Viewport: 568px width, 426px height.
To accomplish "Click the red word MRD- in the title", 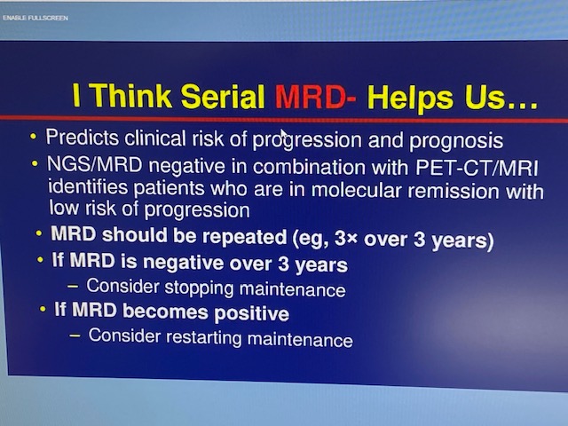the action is [315, 97].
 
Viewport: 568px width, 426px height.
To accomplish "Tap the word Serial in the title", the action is [223, 96].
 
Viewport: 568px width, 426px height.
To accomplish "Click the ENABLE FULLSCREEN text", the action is [35, 18].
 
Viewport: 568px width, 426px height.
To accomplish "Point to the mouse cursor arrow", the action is [284, 135].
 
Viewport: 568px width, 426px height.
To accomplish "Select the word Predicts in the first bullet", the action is [83, 138].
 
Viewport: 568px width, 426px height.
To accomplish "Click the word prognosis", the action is [456, 141].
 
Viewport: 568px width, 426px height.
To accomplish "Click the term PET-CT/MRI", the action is [477, 168].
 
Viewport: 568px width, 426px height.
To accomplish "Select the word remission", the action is [454, 192].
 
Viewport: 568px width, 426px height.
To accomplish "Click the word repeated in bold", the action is [245, 237].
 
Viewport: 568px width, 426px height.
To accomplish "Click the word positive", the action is [251, 313].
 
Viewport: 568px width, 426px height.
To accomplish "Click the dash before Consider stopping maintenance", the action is [73, 286].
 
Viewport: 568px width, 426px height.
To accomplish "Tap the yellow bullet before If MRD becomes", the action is [43, 310].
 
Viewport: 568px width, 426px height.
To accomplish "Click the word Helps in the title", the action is [410, 98].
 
